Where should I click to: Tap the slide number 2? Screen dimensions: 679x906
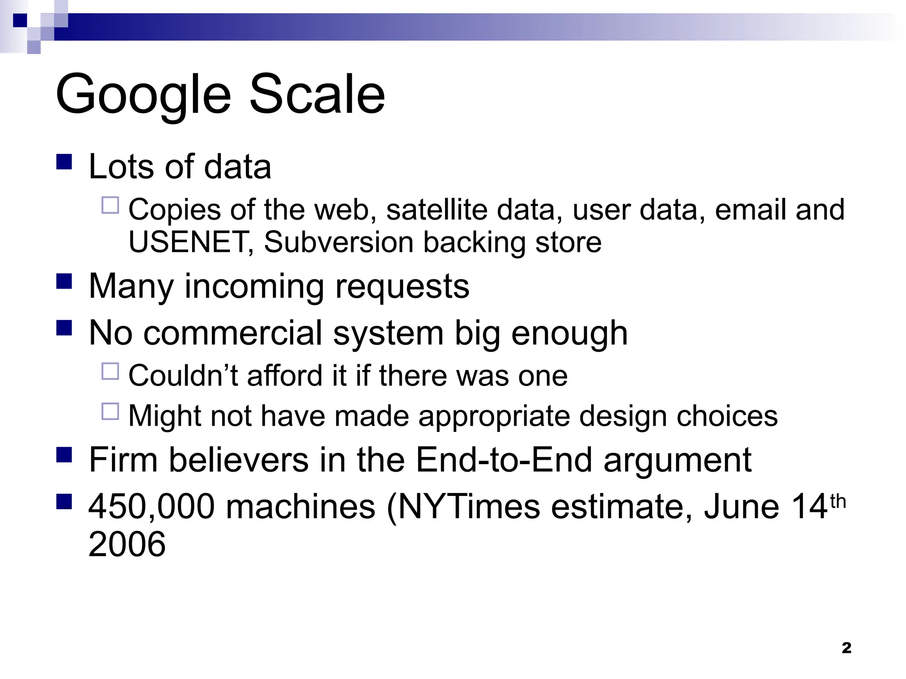[846, 648]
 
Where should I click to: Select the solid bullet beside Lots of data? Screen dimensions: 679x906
[64, 162]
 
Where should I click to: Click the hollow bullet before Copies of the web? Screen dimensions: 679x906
[110, 206]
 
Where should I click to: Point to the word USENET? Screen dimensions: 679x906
[188, 242]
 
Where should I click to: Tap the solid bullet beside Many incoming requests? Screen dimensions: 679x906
[64, 281]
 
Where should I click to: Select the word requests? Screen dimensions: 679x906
[402, 287]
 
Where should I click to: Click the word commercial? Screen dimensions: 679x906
[233, 333]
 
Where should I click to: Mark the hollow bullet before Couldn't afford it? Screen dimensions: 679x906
[110, 371]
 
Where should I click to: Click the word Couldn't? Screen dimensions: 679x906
[183, 376]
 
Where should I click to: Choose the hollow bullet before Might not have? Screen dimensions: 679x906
[110, 411]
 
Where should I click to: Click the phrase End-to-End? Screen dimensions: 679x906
[504, 460]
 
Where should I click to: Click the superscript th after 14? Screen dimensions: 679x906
[838, 502]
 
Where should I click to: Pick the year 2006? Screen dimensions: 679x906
[127, 544]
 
